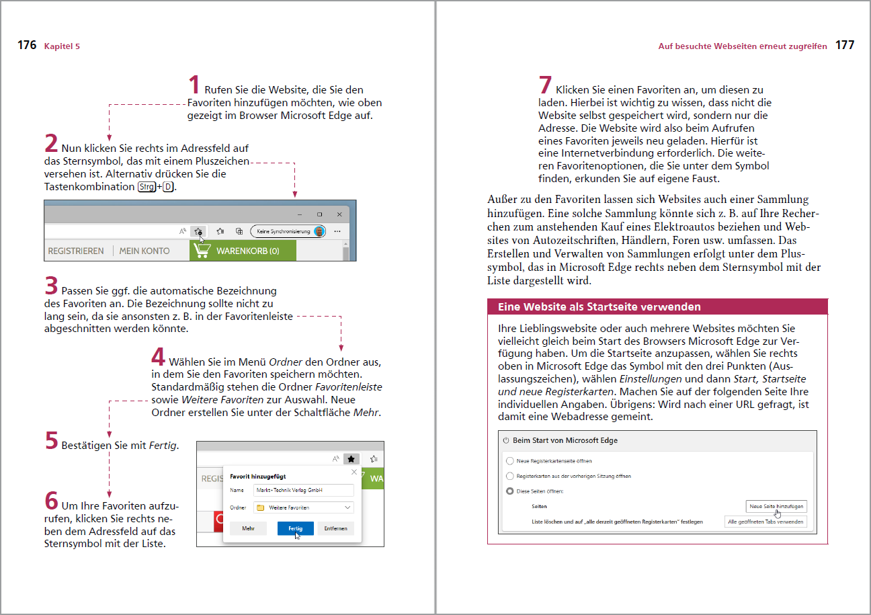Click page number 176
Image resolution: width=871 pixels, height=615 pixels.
pyautogui.click(x=27, y=46)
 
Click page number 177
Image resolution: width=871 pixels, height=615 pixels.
pyautogui.click(x=845, y=46)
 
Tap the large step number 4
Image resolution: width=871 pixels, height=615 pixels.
pyautogui.click(x=158, y=357)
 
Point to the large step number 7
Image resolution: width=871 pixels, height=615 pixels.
pyautogui.click(x=546, y=85)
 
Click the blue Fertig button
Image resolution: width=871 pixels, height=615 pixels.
pyautogui.click(x=295, y=529)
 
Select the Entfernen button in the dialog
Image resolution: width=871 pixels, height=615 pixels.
pyautogui.click(x=335, y=529)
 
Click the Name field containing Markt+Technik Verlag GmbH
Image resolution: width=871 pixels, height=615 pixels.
pyautogui.click(x=303, y=491)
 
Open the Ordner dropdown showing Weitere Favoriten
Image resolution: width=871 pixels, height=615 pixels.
pyautogui.click(x=303, y=508)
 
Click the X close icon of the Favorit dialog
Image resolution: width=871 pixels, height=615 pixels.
pyautogui.click(x=354, y=473)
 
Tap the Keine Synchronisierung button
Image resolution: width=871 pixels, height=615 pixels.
pyautogui.click(x=288, y=231)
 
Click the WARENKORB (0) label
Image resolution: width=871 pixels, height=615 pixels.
pyautogui.click(x=247, y=251)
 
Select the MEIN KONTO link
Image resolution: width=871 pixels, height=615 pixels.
pyautogui.click(x=144, y=251)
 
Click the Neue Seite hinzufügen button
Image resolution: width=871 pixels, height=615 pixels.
pyautogui.click(x=776, y=506)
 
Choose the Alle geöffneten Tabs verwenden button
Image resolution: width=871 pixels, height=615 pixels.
pyautogui.click(x=766, y=522)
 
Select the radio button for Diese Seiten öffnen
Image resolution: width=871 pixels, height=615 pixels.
pyautogui.click(x=509, y=491)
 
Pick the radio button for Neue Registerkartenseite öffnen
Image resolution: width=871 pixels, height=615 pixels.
pyautogui.click(x=509, y=461)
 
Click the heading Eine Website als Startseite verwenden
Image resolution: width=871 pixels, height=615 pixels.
pyautogui.click(x=599, y=307)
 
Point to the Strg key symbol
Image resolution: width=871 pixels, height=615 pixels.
pyautogui.click(x=145, y=187)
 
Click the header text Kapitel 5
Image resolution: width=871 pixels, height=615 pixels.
pyautogui.click(x=62, y=46)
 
